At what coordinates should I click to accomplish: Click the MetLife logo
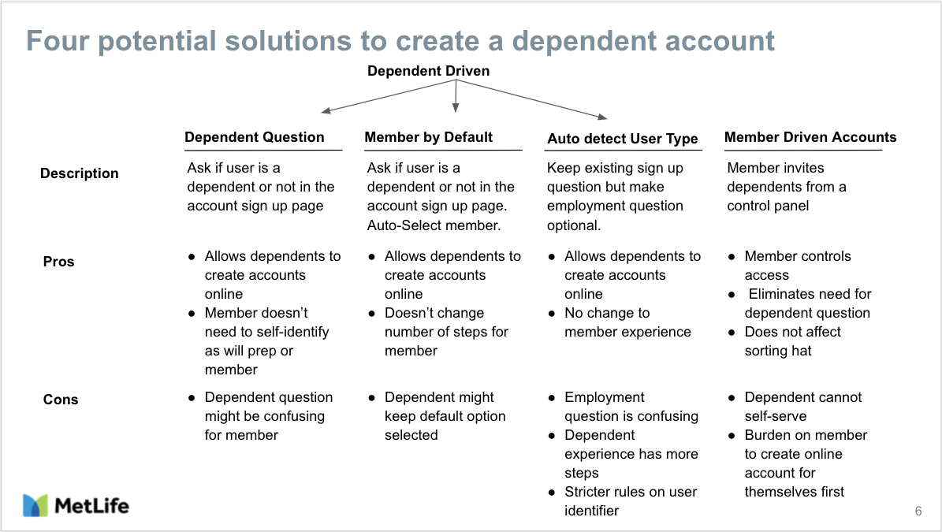76,505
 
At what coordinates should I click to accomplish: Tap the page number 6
918,511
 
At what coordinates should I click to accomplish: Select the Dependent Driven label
428,71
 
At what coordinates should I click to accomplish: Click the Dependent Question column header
254,137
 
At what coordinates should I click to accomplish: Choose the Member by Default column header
428,137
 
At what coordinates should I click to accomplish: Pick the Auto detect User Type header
623,139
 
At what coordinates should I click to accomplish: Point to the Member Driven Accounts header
810,137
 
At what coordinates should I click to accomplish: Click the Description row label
80,173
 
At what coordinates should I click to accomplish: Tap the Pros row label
58,261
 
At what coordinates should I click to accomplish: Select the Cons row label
60,400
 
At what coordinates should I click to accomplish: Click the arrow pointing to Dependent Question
389,96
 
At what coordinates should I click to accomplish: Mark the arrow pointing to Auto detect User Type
531,99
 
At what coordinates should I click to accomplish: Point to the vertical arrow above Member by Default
456,96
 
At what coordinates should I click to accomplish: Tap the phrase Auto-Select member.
434,225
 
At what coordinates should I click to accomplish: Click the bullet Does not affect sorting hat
792,341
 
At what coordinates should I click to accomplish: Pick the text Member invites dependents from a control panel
787,187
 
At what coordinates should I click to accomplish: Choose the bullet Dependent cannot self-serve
802,407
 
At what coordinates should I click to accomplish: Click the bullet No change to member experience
627,322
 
